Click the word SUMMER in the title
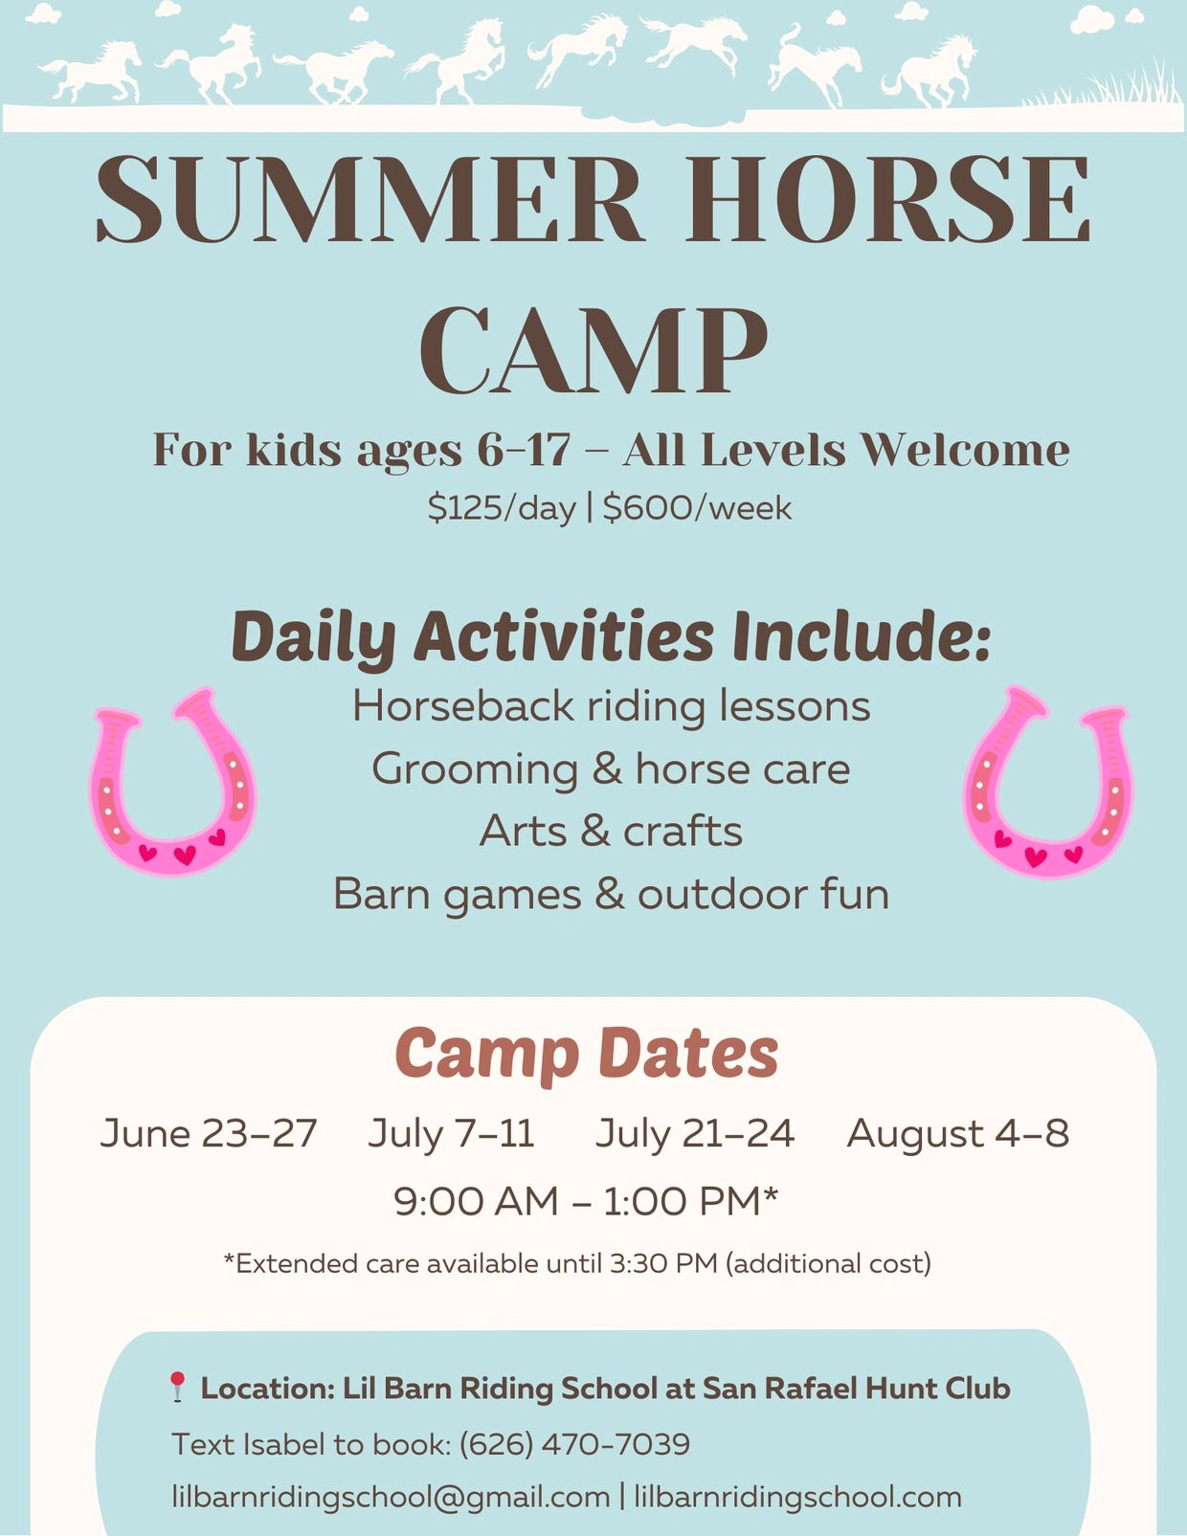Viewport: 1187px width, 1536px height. point(370,199)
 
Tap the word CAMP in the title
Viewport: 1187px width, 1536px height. point(593,351)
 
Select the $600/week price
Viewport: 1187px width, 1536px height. point(697,508)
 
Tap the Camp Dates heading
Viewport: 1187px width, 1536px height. point(587,1055)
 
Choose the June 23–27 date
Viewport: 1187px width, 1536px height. point(209,1133)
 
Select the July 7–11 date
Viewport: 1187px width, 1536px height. point(451,1133)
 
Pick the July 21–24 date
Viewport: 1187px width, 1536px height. point(695,1133)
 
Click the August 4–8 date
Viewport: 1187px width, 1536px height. point(958,1133)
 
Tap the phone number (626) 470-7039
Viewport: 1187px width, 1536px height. point(574,1444)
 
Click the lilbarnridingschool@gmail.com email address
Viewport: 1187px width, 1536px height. point(391,1497)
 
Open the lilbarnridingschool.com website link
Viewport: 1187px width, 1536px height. point(797,1497)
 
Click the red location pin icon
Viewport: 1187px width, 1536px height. point(177,1386)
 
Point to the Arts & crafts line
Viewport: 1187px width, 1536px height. point(612,832)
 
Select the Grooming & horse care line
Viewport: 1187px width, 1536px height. point(612,769)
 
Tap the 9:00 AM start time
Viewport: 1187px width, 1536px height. point(477,1201)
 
